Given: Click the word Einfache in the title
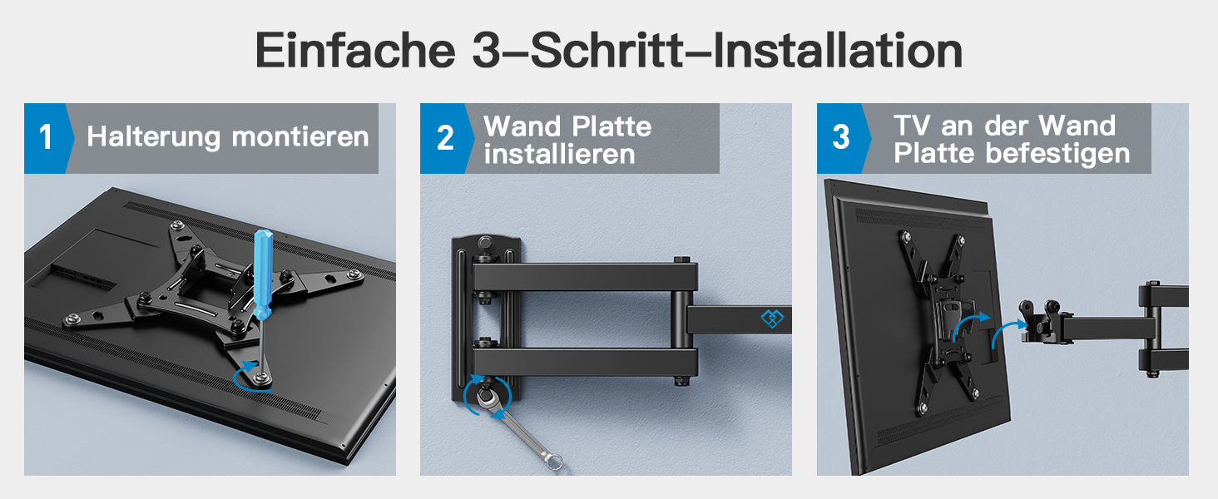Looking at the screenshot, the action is (355, 50).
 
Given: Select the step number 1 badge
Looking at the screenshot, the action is (46, 138).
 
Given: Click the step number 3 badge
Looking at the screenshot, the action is (841, 138).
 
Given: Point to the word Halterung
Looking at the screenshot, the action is (154, 137).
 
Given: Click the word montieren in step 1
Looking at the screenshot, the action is (300, 136).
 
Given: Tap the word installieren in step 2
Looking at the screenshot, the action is (560, 154).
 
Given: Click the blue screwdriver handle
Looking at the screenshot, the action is (264, 274).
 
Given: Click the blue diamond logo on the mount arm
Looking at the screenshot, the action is (772, 319).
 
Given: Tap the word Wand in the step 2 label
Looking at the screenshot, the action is (522, 126).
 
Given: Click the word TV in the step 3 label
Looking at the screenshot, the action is (912, 126).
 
